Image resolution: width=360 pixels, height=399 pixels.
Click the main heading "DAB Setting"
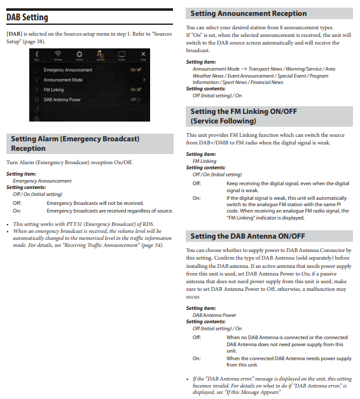pos(27,17)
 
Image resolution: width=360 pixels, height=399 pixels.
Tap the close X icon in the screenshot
pos(143,54)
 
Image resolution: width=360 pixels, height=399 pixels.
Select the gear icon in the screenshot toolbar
pos(80,54)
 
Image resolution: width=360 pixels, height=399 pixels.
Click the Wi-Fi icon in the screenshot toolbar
pos(58,53)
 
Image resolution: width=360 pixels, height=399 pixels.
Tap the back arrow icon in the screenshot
pos(37,54)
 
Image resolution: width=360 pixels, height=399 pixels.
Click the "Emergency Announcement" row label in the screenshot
pos(68,70)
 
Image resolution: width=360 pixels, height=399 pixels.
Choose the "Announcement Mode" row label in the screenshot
pos(63,80)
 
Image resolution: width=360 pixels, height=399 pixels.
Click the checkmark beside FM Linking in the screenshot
pos(139,89)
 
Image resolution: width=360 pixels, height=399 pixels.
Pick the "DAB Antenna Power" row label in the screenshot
pos(62,100)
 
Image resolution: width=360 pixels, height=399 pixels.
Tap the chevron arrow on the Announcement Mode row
pos(144,80)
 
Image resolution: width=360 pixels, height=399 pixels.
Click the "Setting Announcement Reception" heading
pos(249,13)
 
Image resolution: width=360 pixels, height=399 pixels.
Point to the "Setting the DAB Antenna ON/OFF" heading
pos(247,236)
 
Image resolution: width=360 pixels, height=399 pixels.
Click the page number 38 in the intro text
pos(40,41)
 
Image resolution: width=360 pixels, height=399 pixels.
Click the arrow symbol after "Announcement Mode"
pos(244,69)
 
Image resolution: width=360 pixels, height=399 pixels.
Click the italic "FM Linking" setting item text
pos(204,161)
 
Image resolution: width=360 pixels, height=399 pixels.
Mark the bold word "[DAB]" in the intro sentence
pos(14,34)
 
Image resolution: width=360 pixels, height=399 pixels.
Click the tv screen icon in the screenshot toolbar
pos(122,54)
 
